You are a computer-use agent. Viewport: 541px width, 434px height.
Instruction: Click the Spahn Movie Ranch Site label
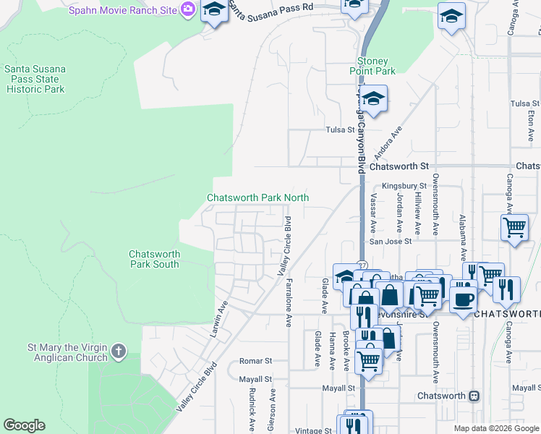click(x=123, y=9)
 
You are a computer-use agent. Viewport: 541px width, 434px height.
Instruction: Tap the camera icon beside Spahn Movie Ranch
click(x=188, y=9)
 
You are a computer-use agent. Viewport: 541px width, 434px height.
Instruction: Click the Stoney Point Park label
click(x=377, y=66)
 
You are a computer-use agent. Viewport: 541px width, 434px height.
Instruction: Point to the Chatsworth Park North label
click(x=258, y=197)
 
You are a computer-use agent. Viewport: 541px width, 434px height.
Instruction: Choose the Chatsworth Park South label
click(x=153, y=259)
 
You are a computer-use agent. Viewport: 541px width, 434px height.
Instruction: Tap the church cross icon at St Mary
click(x=119, y=353)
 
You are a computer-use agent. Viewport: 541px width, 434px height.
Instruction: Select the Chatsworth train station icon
click(x=474, y=396)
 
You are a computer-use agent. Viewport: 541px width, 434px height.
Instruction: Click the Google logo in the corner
click(x=24, y=425)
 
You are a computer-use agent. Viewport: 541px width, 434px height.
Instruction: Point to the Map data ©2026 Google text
click(x=495, y=428)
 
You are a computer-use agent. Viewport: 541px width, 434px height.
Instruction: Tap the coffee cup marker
click(x=463, y=297)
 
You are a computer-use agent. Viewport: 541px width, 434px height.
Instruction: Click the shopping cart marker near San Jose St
click(x=514, y=228)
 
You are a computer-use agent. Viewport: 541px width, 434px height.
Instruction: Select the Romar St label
click(x=255, y=360)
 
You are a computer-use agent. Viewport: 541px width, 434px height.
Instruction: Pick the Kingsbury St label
click(x=404, y=186)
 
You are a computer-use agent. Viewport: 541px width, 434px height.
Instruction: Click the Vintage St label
click(x=313, y=430)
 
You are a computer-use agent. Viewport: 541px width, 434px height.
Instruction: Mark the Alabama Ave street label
click(x=462, y=237)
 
